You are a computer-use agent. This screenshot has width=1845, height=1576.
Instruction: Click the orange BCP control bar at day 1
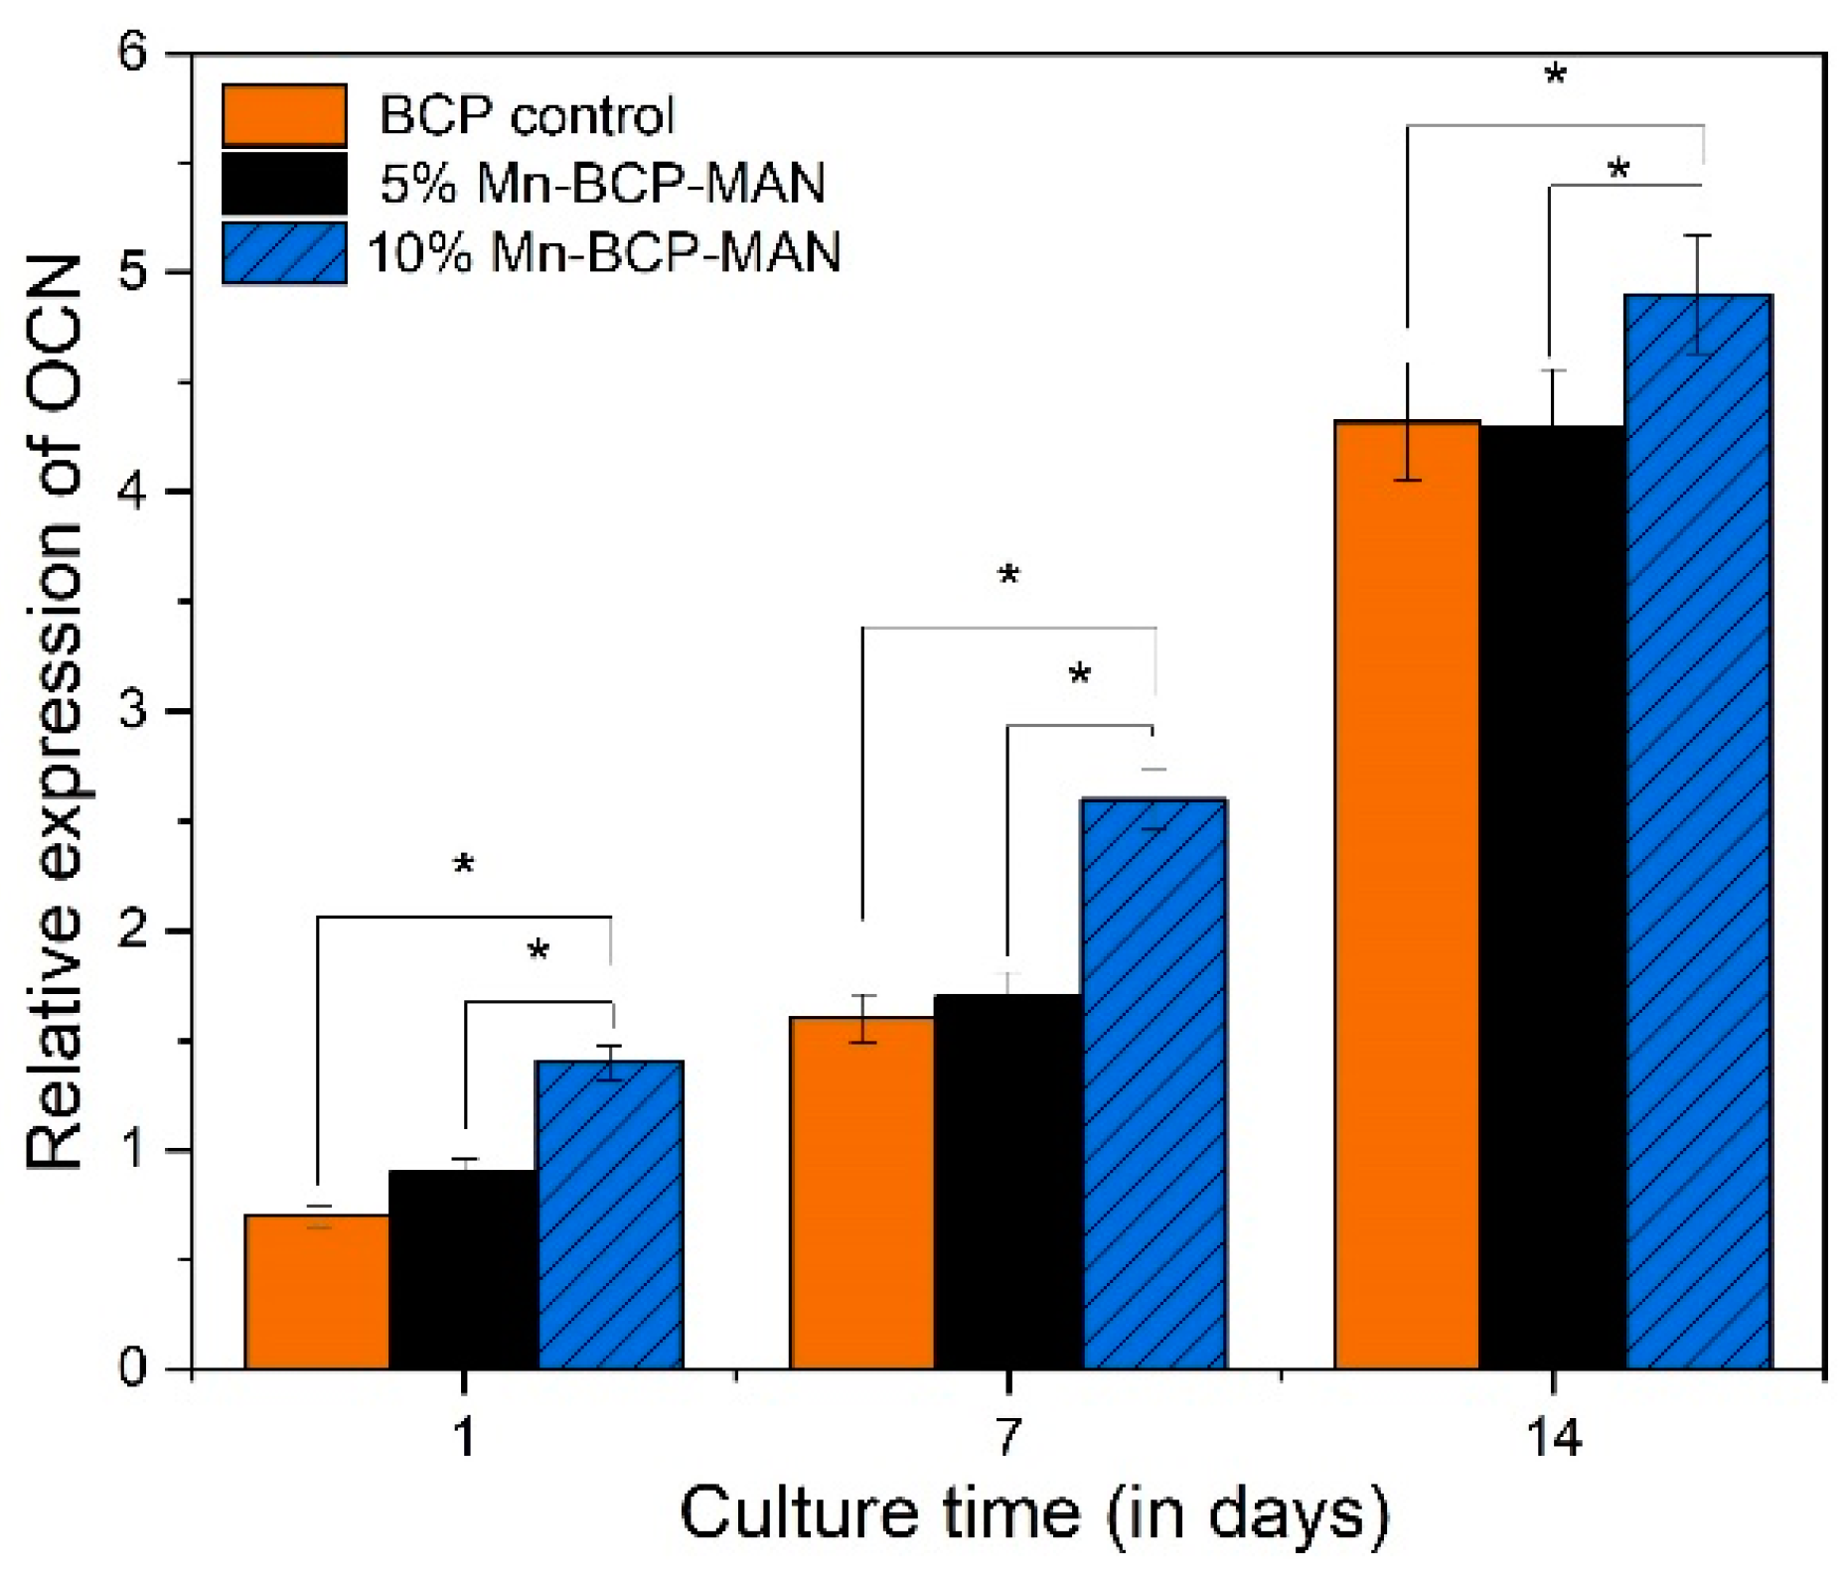pyautogui.click(x=317, y=1291)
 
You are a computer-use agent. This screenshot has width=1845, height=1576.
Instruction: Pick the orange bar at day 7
pyautogui.click(x=861, y=1192)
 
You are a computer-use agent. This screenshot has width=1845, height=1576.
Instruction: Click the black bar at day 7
pyautogui.click(x=1007, y=1182)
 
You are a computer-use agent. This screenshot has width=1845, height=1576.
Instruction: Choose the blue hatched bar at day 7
pyautogui.click(x=1153, y=1082)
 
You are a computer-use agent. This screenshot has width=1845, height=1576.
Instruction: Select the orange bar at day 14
pyautogui.click(x=1406, y=894)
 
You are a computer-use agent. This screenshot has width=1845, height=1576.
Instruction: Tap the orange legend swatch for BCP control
pyautogui.click(x=284, y=115)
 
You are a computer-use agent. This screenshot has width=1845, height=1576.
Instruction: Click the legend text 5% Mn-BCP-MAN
pyautogui.click(x=602, y=184)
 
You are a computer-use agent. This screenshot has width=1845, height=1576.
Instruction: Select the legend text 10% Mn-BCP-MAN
pyautogui.click(x=604, y=252)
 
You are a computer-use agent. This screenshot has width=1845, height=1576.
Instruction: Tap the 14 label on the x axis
pyautogui.click(x=1553, y=1437)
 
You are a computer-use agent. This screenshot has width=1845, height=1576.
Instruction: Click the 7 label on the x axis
pyautogui.click(x=1007, y=1437)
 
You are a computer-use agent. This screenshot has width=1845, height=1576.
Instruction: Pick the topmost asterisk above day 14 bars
pyautogui.click(x=1555, y=75)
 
